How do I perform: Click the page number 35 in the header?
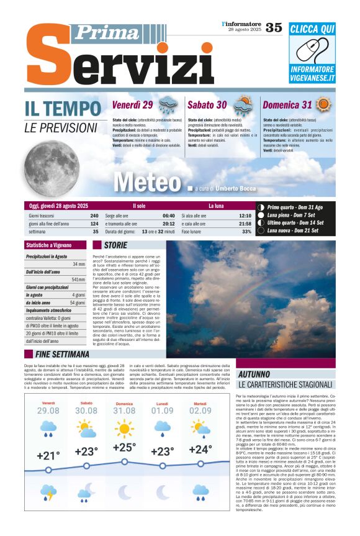[274, 27]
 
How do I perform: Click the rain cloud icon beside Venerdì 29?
[167, 104]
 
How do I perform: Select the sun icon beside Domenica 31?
[323, 104]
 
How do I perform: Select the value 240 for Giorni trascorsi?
[94, 216]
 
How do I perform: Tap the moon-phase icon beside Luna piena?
[261, 215]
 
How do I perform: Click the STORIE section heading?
[115, 245]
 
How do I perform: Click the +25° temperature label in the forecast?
[124, 447]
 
